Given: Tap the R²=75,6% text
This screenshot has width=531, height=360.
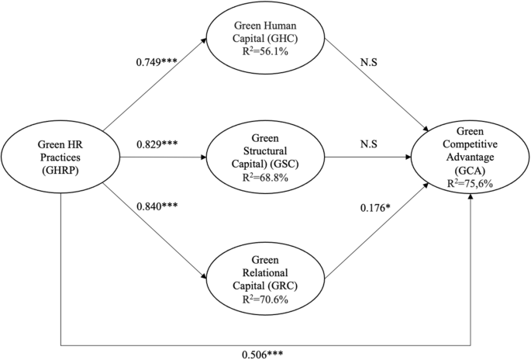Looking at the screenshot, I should point(471,184).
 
